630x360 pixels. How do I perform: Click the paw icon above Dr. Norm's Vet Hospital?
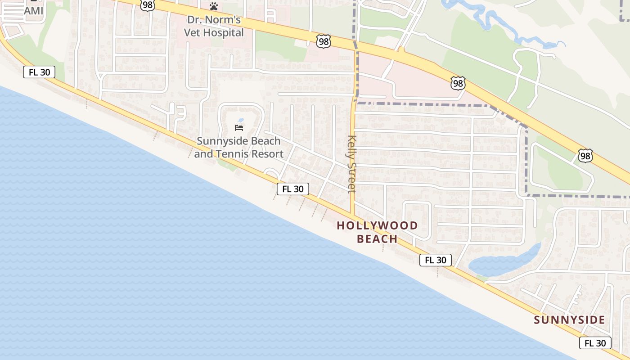coord(214,7)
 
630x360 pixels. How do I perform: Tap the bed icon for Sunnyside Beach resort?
coord(239,128)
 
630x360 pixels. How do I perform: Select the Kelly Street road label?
coord(352,164)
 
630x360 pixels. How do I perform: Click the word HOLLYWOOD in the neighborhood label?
coord(378,225)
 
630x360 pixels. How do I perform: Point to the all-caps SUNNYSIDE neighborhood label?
coord(569,320)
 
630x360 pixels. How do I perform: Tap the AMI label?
coord(33,10)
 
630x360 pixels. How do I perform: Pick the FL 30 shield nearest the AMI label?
coord(39,72)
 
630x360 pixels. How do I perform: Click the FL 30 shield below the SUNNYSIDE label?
coord(595,343)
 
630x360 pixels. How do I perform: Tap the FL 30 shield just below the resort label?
coord(292,189)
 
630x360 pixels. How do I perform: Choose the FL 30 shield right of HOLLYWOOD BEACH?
coord(435,260)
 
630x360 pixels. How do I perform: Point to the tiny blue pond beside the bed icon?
coord(241,120)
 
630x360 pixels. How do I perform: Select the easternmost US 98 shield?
coord(585,156)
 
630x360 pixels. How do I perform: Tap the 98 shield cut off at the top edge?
coord(147,4)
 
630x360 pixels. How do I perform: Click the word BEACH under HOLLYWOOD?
coord(377,239)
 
